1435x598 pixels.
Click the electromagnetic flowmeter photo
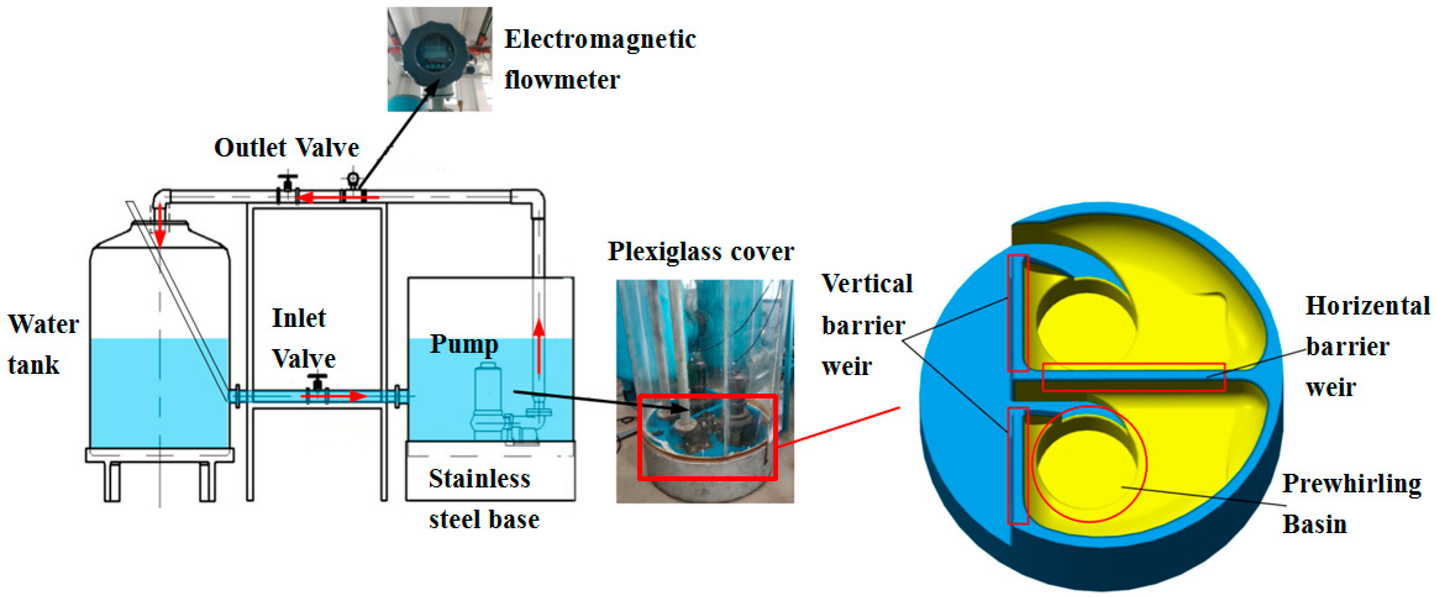tap(440, 59)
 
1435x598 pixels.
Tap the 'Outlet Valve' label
tap(286, 148)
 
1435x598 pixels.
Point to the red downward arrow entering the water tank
tap(160, 225)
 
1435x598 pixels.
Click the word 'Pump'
tap(463, 345)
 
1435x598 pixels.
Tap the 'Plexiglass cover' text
tap(700, 252)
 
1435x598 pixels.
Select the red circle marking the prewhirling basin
tap(1089, 464)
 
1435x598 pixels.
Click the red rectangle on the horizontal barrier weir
tap(1133, 377)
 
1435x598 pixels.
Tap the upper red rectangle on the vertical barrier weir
tap(1018, 313)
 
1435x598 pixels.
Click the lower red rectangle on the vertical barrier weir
tap(1018, 466)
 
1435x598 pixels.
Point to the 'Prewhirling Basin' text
tap(1350, 503)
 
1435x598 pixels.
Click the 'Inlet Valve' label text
tap(303, 338)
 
